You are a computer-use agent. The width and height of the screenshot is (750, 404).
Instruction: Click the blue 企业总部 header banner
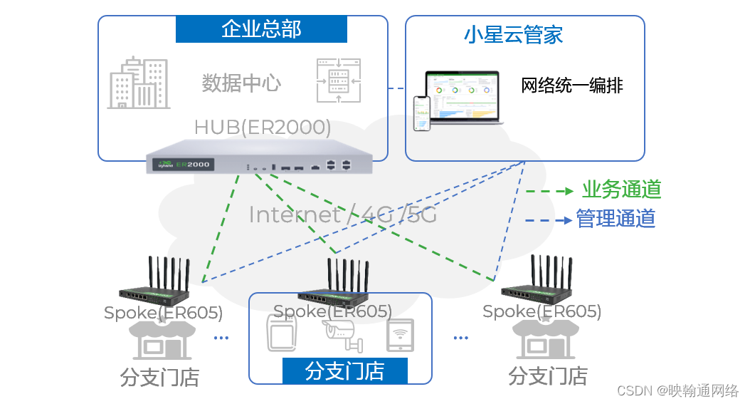[x=261, y=29]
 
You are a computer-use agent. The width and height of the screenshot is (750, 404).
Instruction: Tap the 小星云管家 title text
[x=514, y=34]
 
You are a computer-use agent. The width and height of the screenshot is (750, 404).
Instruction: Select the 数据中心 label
[x=241, y=83]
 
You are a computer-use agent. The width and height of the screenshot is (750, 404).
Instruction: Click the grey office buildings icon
[x=139, y=83]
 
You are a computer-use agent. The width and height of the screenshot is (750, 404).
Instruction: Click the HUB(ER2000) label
[x=263, y=128]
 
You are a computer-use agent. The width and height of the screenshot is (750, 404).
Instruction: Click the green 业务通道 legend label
[x=622, y=190]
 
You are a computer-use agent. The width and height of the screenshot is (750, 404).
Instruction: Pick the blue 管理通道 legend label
[x=616, y=219]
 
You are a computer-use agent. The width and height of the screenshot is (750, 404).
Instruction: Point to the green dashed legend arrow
[x=549, y=191]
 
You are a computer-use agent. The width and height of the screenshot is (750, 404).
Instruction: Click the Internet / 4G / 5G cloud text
[x=342, y=214]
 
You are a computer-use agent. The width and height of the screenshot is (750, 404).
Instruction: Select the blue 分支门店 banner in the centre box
[x=345, y=371]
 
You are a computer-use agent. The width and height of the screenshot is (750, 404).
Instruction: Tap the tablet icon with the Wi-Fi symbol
[x=400, y=335]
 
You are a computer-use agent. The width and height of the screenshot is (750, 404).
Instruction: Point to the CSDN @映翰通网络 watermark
[x=677, y=390]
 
